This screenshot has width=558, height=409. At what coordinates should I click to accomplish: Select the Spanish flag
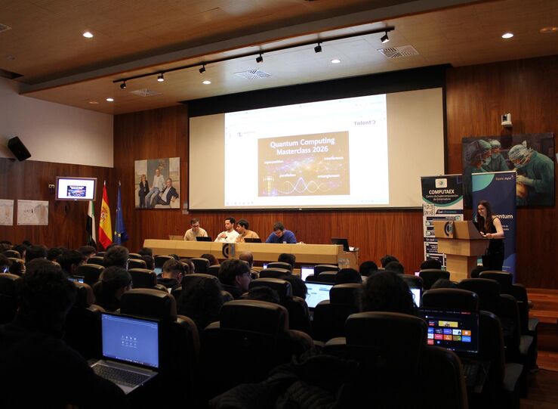tap(105, 217)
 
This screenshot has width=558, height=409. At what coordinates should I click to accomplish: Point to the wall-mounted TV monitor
tap(76, 188)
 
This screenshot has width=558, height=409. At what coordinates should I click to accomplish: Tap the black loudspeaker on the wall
tap(19, 148)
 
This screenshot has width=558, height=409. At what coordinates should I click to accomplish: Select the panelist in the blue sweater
tap(280, 234)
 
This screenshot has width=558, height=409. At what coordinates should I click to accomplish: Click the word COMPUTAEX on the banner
tap(442, 192)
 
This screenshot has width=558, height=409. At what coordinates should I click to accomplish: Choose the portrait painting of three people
tap(157, 183)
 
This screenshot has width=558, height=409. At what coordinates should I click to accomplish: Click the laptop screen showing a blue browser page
tap(130, 340)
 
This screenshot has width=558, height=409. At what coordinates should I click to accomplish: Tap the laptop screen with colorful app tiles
tap(450, 330)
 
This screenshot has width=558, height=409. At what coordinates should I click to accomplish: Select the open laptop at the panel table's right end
tap(341, 244)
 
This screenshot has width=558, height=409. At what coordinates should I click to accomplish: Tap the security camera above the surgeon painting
tap(506, 119)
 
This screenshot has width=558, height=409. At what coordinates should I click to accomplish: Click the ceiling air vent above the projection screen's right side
tap(398, 51)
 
